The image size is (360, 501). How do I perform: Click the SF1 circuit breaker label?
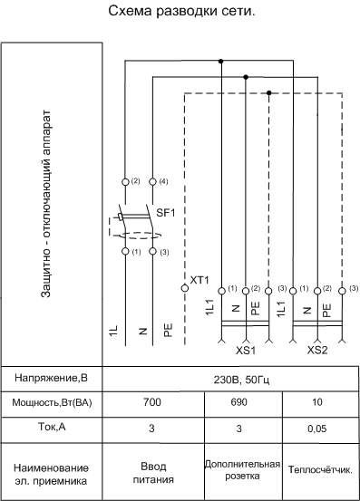(166, 213)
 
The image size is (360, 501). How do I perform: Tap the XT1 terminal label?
(199, 280)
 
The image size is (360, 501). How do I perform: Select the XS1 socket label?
(246, 351)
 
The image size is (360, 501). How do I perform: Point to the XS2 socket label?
(317, 351)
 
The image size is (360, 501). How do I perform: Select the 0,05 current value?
(317, 429)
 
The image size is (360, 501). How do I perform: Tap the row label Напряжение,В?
(51, 378)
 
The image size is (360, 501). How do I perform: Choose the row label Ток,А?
(52, 427)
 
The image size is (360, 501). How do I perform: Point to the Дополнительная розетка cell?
(242, 470)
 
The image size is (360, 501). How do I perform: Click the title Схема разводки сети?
(181, 11)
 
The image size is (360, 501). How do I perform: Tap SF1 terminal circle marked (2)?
(125, 182)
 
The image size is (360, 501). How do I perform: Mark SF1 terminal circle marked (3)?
(153, 252)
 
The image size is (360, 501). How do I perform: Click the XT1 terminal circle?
(185, 288)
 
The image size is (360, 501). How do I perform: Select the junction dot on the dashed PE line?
(269, 93)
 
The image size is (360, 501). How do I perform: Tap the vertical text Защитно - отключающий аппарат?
(46, 204)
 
